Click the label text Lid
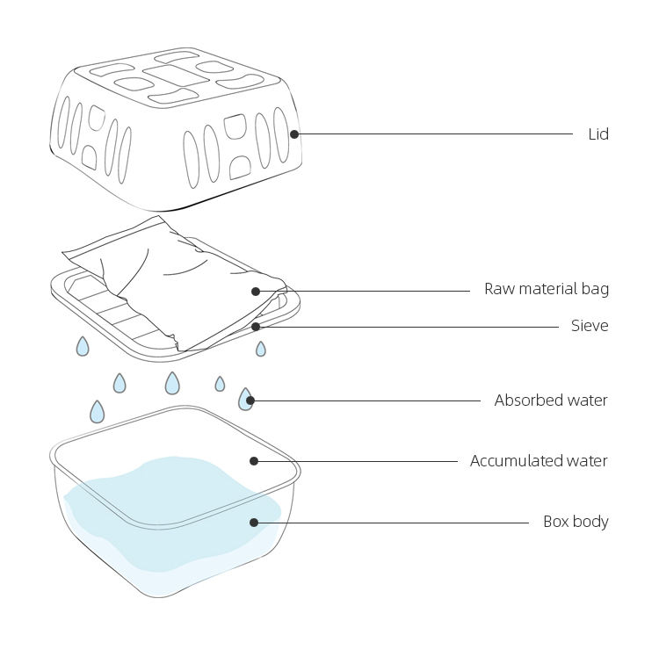597,134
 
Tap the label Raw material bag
546,289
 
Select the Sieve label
589,326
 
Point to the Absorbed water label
550,400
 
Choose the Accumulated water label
538,461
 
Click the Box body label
575,522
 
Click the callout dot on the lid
294,134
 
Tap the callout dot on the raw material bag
256,291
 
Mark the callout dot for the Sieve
256,327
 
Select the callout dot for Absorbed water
250,400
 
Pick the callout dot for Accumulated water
254,461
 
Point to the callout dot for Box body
254,523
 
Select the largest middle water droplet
172,383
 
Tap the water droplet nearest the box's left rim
98,411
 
